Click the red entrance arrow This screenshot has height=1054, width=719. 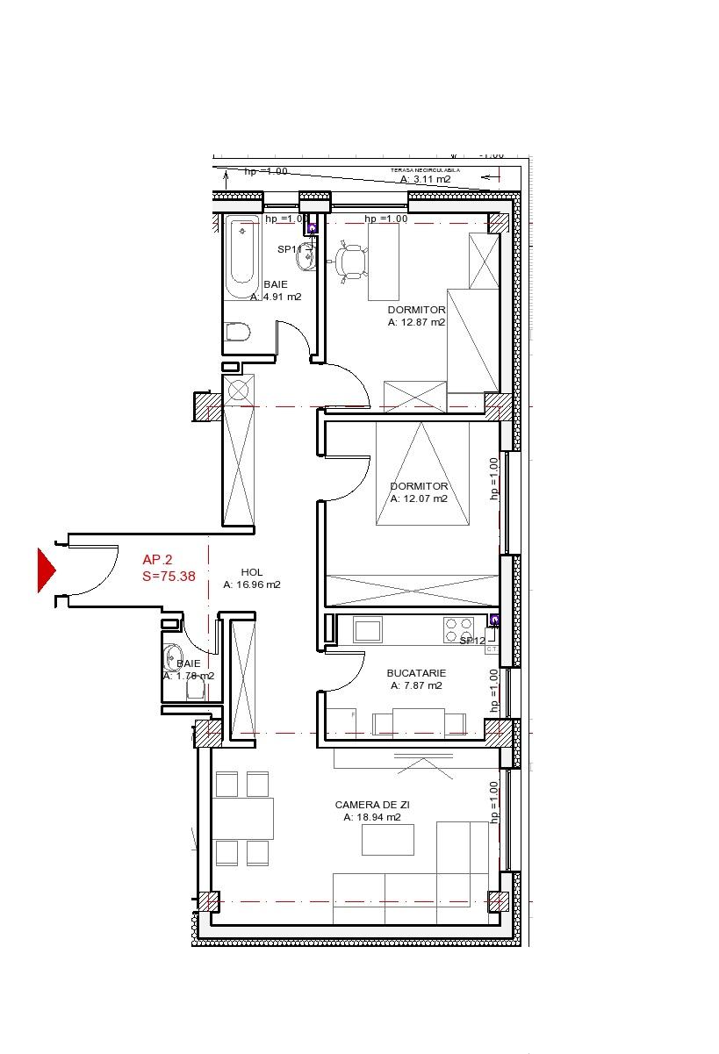pyautogui.click(x=46, y=570)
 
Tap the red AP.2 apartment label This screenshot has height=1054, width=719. pyautogui.click(x=161, y=559)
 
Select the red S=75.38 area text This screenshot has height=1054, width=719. pyautogui.click(x=169, y=577)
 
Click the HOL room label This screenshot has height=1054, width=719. pyautogui.click(x=252, y=572)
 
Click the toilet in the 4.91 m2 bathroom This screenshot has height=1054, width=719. pyautogui.click(x=238, y=332)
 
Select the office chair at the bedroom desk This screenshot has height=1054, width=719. pyautogui.click(x=351, y=262)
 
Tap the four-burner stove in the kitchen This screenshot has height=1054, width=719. pyautogui.click(x=457, y=629)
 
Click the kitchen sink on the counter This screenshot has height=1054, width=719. pyautogui.click(x=367, y=628)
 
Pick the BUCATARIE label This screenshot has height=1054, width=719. pyautogui.click(x=416, y=673)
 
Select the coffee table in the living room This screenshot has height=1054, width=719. pyautogui.click(x=388, y=839)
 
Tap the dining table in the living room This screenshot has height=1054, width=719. pyautogui.click(x=243, y=818)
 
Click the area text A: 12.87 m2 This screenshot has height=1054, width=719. pyautogui.click(x=416, y=323)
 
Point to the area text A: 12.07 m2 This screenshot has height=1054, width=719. pyautogui.click(x=419, y=498)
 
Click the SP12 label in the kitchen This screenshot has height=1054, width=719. pyautogui.click(x=472, y=641)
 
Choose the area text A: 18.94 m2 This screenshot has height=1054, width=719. pyautogui.click(x=372, y=817)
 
